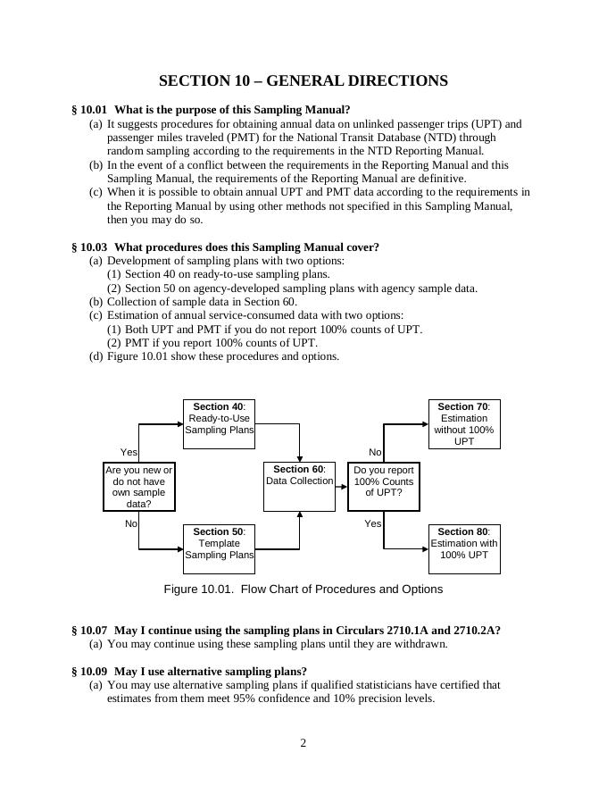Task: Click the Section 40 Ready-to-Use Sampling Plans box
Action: pos(219,423)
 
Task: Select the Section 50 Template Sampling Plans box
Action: pos(219,548)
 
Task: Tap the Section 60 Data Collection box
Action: pos(299,486)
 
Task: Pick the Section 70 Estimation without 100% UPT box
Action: pos(464,423)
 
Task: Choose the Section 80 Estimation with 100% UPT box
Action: pos(464,548)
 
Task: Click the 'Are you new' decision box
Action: pos(139,486)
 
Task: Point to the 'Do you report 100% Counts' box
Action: pos(384,486)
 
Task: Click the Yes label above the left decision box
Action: pos(129,453)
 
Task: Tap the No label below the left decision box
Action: pos(131,523)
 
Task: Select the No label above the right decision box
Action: pos(375,453)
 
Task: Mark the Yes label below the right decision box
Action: pos(373,523)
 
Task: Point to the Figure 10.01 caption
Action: pos(303,589)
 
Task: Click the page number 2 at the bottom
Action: pos(303,743)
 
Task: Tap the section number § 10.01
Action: pos(89,110)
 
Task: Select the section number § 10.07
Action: pos(89,630)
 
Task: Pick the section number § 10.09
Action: pos(89,671)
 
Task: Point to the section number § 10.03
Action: pos(89,247)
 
